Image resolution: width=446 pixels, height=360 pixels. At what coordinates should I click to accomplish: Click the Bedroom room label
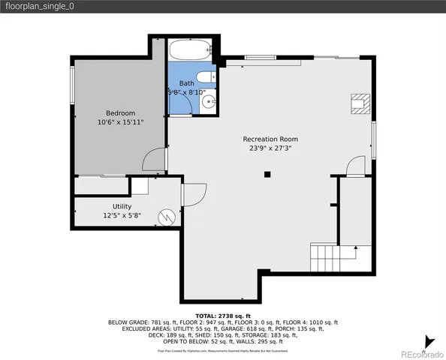(x=119, y=112)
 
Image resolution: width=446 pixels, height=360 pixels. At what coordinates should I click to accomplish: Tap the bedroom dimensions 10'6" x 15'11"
(x=119, y=121)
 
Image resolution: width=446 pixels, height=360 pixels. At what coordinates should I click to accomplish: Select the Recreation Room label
(x=270, y=139)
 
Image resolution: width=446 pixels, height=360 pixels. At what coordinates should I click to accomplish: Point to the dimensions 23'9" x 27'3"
(x=270, y=148)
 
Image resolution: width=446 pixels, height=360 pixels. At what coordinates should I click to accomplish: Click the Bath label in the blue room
(x=186, y=83)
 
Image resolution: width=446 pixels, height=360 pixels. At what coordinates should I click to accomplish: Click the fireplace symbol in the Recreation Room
(x=360, y=103)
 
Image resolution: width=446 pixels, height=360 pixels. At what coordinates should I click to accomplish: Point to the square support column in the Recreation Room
(x=267, y=175)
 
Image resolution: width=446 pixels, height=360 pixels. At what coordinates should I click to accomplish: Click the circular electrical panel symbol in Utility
(x=165, y=217)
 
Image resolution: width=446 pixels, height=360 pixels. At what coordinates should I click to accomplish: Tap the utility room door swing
(x=192, y=195)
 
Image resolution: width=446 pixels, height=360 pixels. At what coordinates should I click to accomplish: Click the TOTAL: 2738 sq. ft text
(x=222, y=316)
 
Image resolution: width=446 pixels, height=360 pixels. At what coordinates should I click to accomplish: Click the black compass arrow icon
(x=429, y=341)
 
